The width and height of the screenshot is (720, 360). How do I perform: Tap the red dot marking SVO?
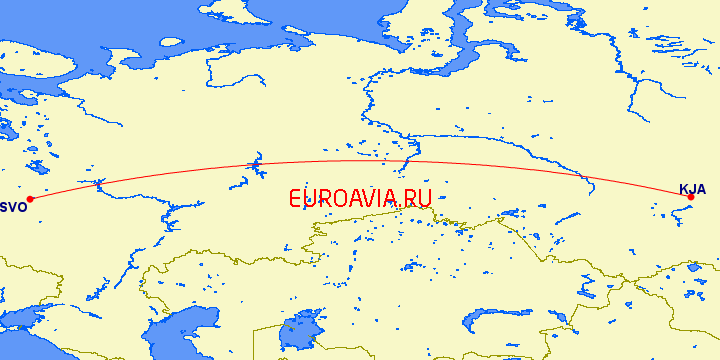pos(30,198)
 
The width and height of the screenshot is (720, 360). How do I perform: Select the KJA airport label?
pos(692,189)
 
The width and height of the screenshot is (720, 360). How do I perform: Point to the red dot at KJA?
pos(690,197)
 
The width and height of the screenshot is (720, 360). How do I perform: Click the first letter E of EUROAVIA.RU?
pos(295,199)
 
